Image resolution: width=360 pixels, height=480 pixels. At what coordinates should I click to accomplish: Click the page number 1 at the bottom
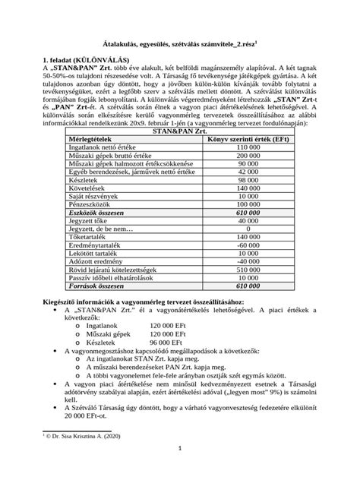point(179,469)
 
